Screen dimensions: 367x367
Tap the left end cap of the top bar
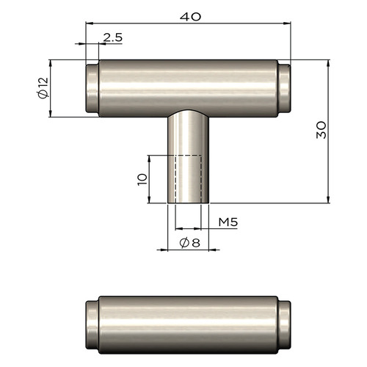click(x=92, y=88)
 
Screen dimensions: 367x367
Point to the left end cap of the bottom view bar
click(x=92, y=323)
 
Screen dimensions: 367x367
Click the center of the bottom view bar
click(x=188, y=323)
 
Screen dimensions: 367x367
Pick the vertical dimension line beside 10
click(x=150, y=179)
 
